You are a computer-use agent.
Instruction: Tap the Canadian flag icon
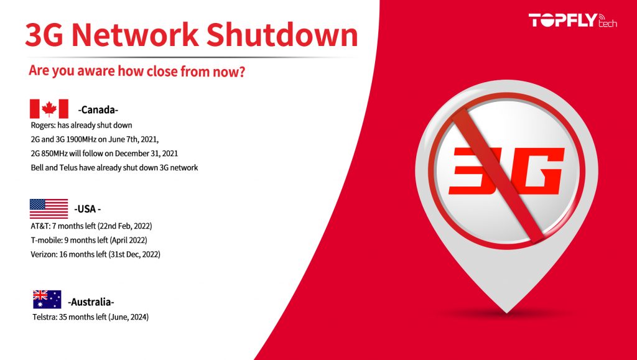point(49,109)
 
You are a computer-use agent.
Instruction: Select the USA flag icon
point(49,208)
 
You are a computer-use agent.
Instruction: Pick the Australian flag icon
point(47,300)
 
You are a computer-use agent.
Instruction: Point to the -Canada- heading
point(98,110)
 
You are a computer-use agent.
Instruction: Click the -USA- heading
point(88,209)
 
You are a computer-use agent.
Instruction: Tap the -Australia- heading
point(91,303)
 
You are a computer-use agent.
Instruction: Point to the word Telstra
point(45,318)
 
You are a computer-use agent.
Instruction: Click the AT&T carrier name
point(40,226)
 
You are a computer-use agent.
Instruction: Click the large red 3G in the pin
point(506,170)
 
